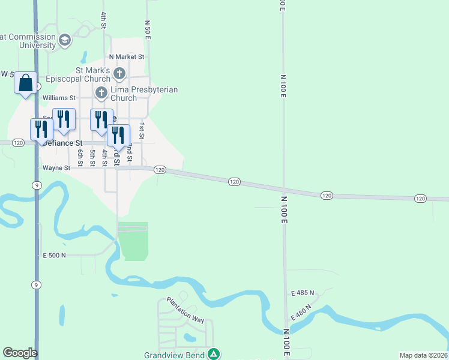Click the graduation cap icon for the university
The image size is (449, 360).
pyautogui.click(x=65, y=40)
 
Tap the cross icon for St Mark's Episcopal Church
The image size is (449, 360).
pyautogui.click(x=119, y=74)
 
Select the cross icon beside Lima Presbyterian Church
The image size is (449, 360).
pyautogui.click(x=101, y=93)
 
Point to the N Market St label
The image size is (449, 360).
pyautogui.click(x=127, y=57)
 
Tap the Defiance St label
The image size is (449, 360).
pyautogui.click(x=62, y=143)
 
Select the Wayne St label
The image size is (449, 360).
pyautogui.click(x=56, y=168)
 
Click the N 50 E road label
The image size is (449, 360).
pyautogui.click(x=147, y=29)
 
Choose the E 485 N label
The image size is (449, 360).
pyautogui.click(x=303, y=293)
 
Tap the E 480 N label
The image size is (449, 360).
pyautogui.click(x=301, y=313)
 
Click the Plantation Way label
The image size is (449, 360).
pyautogui.click(x=185, y=309)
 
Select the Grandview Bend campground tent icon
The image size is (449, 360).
pyautogui.click(x=214, y=355)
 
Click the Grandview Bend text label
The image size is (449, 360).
pyautogui.click(x=174, y=355)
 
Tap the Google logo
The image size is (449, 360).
pyautogui.click(x=20, y=353)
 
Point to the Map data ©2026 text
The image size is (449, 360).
pyautogui.click(x=423, y=355)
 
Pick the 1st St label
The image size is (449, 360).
pyautogui.click(x=142, y=131)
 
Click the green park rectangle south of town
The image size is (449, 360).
pyautogui.click(x=134, y=242)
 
